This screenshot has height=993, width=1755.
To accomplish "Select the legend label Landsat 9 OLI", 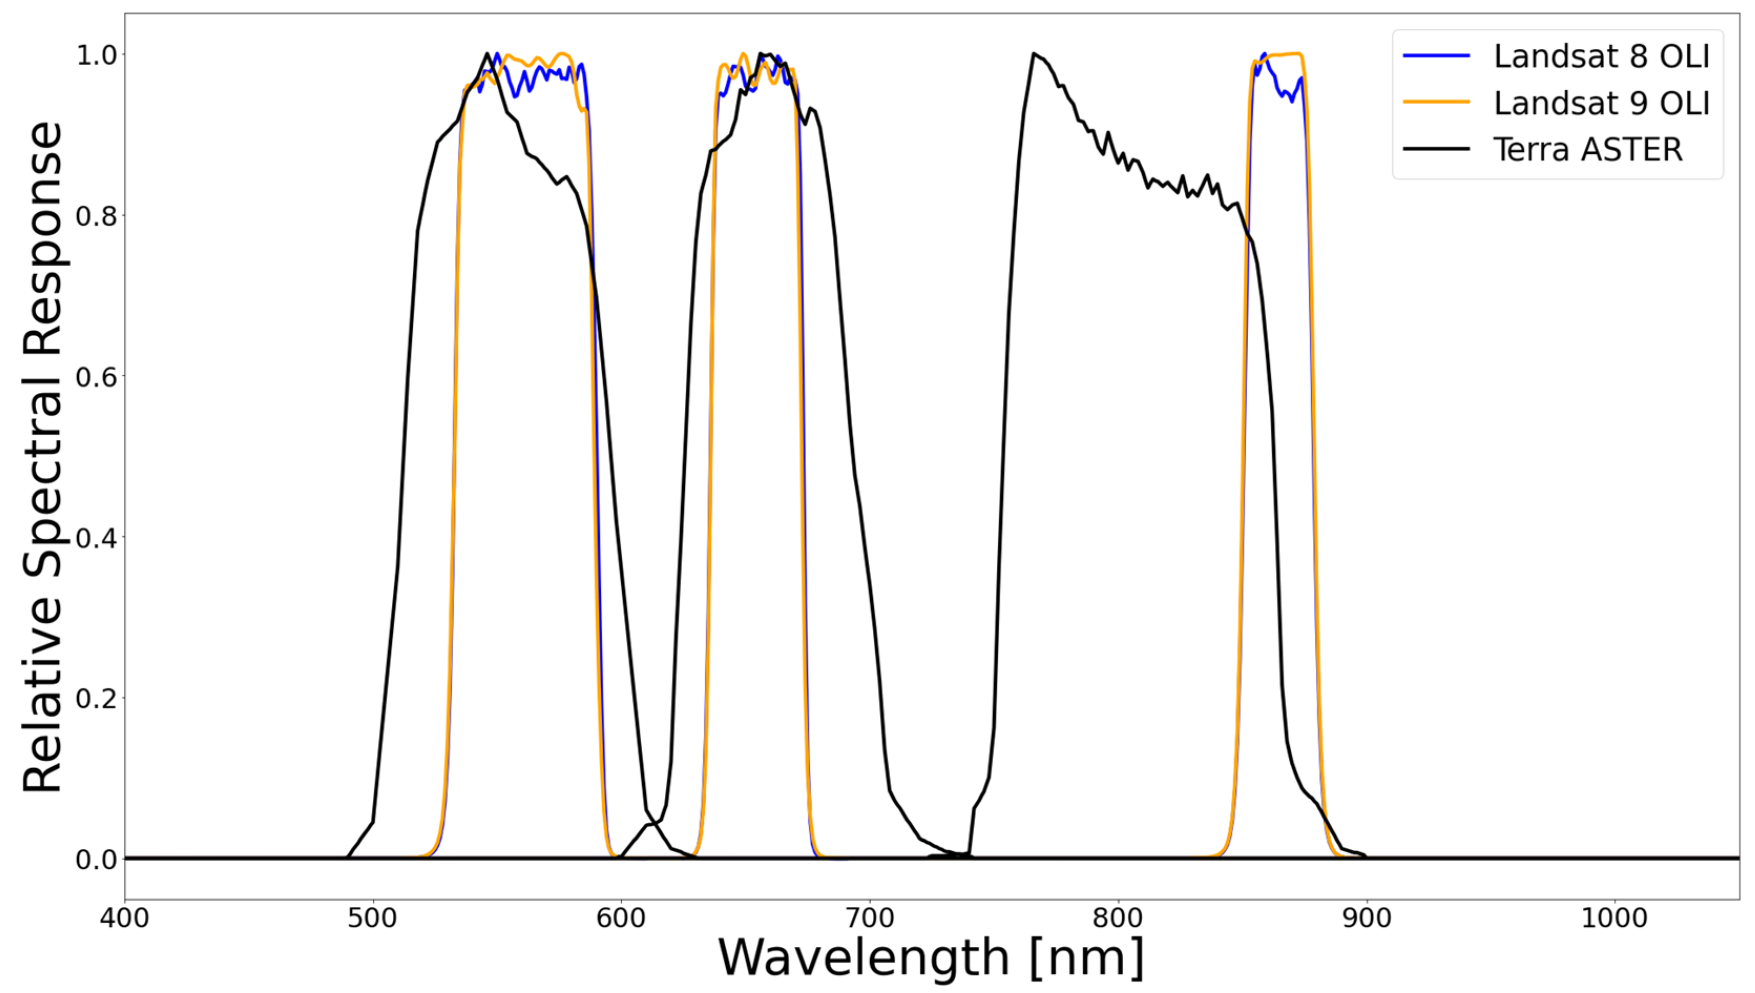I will coord(1601,103).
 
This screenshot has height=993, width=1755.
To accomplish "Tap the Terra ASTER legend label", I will coord(1587,149).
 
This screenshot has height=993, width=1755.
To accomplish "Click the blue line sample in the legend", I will coord(1436,56).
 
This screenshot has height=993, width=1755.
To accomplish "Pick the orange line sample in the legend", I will coord(1436,102).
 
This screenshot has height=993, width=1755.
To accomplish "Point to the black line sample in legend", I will coord(1436,149).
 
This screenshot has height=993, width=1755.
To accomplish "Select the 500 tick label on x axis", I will coord(372,918).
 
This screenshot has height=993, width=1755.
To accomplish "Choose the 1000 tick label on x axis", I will coord(1614,918).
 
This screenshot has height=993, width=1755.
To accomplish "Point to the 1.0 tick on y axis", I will coord(96,55).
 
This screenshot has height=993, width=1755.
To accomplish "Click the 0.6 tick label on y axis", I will coord(96,377).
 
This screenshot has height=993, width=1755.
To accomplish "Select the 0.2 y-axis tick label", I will coord(96,698).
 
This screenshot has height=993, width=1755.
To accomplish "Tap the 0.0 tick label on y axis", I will coord(96,859).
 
